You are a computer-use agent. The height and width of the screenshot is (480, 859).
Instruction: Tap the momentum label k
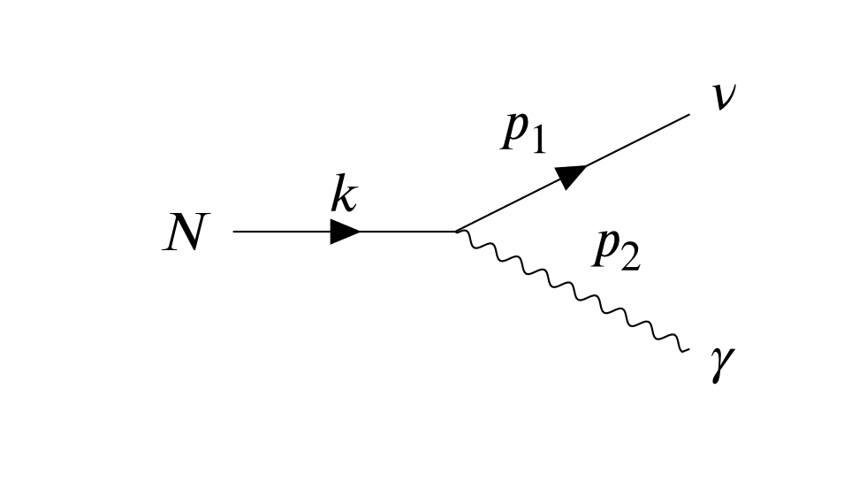[x=344, y=196]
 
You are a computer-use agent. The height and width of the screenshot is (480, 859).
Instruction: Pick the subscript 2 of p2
[x=629, y=258]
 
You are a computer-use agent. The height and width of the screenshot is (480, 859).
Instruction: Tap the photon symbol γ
[x=722, y=365]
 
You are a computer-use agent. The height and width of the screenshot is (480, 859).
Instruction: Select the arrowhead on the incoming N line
[x=345, y=232]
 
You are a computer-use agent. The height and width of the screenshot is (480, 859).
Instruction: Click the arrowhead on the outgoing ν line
[x=573, y=174]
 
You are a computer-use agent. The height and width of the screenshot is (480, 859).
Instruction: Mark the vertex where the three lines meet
[x=455, y=232]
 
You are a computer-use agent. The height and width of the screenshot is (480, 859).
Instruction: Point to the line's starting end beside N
[x=234, y=232]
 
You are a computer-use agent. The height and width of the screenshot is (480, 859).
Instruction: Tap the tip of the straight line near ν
[x=688, y=115]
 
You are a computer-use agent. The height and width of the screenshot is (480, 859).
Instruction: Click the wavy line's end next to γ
[x=685, y=350]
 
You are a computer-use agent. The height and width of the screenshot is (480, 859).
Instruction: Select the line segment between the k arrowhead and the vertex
[x=407, y=232]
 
